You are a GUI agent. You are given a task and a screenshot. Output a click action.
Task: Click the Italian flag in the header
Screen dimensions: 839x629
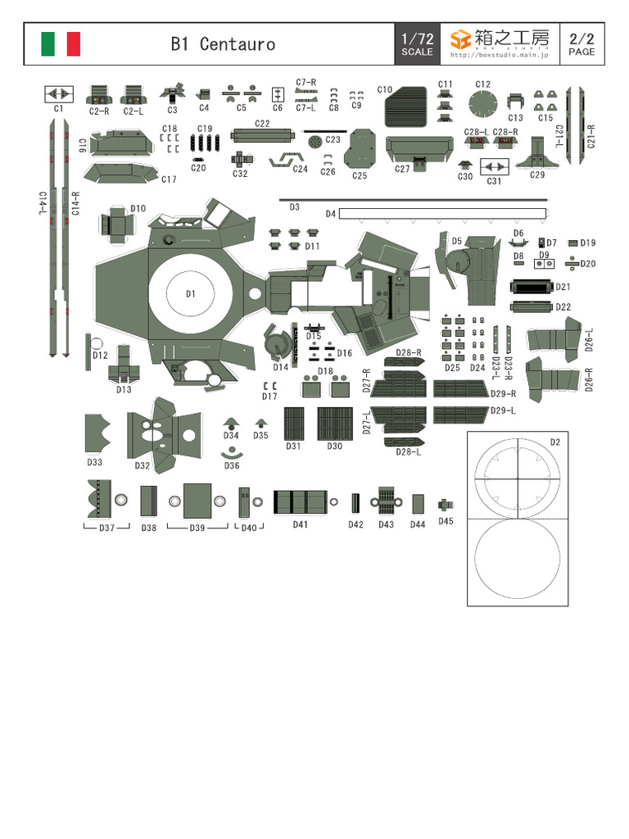point(61,44)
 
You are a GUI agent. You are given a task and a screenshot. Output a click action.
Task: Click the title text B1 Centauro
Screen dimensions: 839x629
point(223,44)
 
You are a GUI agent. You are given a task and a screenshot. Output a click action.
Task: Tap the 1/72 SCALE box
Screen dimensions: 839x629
point(417,44)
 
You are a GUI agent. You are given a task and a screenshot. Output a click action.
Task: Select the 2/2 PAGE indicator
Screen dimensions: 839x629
point(581,44)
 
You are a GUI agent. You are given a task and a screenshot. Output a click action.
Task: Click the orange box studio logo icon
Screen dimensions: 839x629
point(461,39)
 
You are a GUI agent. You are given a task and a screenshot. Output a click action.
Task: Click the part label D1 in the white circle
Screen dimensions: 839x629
point(190,293)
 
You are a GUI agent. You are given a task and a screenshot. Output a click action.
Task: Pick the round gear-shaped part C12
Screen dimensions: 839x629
point(483,105)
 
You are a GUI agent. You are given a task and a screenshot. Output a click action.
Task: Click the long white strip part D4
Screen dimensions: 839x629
point(442,214)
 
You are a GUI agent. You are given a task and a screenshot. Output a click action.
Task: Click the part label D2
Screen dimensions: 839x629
point(555,442)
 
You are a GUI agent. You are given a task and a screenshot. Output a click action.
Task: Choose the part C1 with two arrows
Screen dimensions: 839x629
point(58,94)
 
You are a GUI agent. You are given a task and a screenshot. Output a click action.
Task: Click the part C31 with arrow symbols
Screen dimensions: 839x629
point(495,167)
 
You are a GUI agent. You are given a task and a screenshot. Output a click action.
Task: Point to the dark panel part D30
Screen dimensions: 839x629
point(334,424)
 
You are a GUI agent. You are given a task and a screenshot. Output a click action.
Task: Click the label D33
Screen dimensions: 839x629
point(95,462)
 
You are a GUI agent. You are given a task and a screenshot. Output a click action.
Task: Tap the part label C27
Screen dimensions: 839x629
point(402,170)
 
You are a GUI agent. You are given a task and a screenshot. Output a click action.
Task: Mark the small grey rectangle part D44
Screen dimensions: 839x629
point(418,503)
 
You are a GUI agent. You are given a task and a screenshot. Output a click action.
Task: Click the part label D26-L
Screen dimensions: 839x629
point(590,340)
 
